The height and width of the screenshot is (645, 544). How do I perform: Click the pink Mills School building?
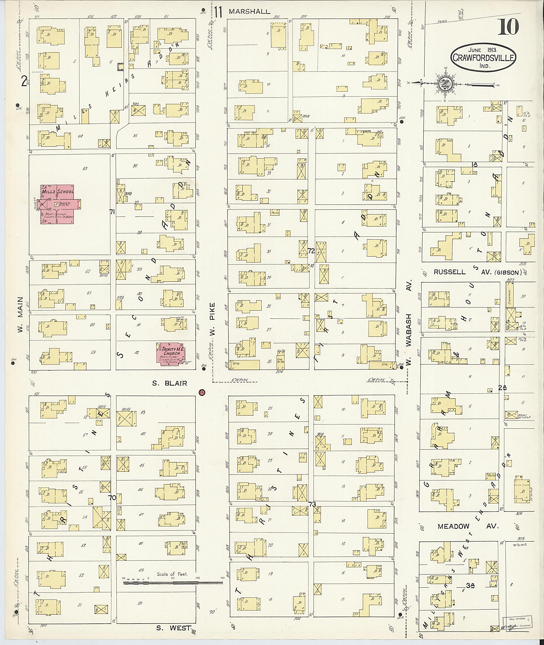pyautogui.click(x=58, y=204)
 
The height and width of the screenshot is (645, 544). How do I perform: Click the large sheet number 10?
pyautogui.click(x=508, y=27)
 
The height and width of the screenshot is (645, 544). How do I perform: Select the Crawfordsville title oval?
pyautogui.click(x=483, y=57)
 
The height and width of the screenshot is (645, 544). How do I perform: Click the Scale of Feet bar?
pyautogui.click(x=172, y=582)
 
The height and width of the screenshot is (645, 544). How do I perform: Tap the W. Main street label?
pyautogui.click(x=20, y=314)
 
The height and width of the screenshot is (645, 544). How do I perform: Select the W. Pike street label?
pyautogui.click(x=212, y=319)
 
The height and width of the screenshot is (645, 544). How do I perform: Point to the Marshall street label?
pyautogui.click(x=249, y=12)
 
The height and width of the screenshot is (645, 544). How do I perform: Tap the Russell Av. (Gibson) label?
pyautogui.click(x=477, y=272)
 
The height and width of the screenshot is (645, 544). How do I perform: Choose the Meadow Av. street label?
pyautogui.click(x=467, y=526)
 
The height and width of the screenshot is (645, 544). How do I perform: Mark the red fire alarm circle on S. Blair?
pyautogui.click(x=202, y=392)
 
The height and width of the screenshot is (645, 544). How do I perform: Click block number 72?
pyautogui.click(x=311, y=251)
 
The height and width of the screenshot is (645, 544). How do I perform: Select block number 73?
pyautogui.click(x=312, y=504)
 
